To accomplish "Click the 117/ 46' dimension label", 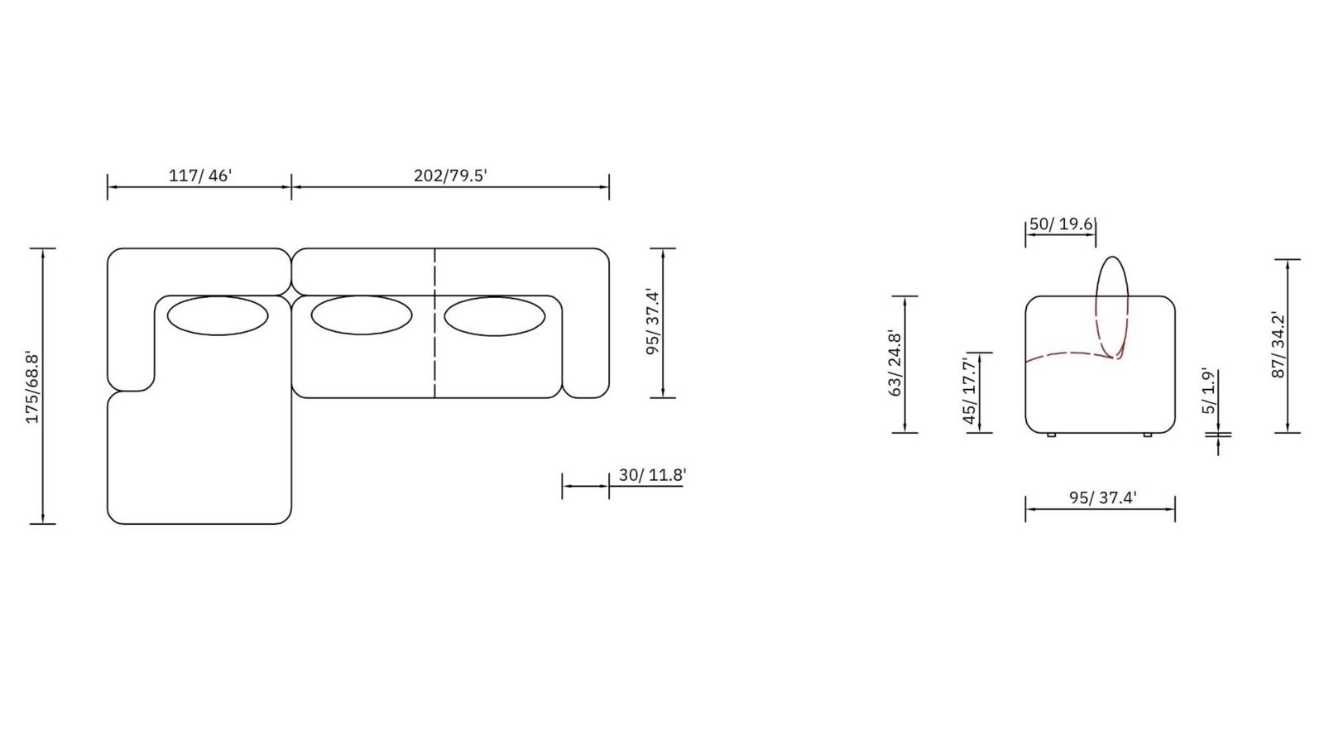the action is click(x=199, y=175).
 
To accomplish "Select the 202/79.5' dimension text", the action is click(x=450, y=175).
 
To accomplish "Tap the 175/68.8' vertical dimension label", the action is click(x=32, y=387).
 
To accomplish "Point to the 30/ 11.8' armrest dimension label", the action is click(x=652, y=475).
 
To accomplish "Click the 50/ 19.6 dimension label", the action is click(x=1061, y=224).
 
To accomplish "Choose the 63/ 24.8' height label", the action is click(x=895, y=363).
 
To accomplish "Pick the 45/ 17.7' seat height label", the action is click(x=969, y=390).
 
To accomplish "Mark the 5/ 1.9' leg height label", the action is click(x=1209, y=391).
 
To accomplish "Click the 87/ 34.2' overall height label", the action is click(x=1278, y=344).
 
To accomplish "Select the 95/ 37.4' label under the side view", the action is click(x=1102, y=497).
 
